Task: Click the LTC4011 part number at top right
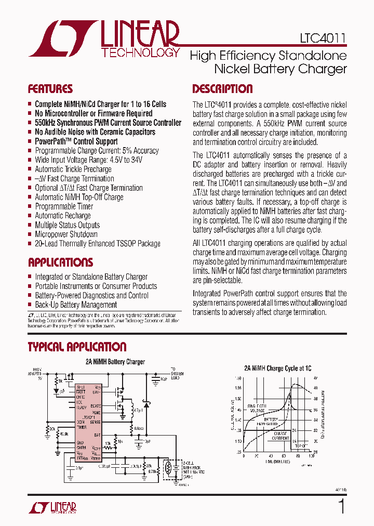click(x=323, y=38)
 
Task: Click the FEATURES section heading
click(x=50, y=88)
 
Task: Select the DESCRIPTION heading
click(x=222, y=88)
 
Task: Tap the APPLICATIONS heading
click(x=60, y=262)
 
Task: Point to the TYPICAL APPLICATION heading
click(x=77, y=347)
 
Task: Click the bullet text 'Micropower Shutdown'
click(x=66, y=234)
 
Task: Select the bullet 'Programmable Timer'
click(x=64, y=206)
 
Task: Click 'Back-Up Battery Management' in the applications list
click(x=76, y=305)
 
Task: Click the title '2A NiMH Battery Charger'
click(x=115, y=362)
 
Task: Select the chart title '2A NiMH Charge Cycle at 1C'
click(x=278, y=368)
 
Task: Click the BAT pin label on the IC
click(x=97, y=437)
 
